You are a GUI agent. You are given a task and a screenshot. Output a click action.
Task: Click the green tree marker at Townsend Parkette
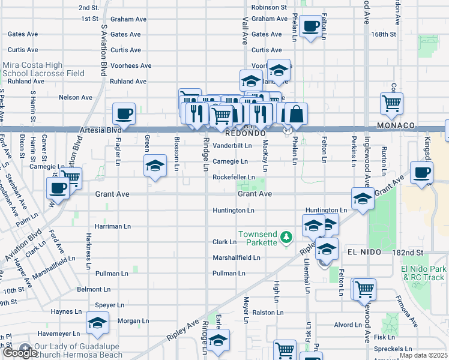287,238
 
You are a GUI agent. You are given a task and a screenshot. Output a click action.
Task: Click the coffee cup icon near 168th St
311,26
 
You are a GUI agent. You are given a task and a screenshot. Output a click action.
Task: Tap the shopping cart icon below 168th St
391,103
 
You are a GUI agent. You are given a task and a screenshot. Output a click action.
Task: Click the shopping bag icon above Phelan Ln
296,113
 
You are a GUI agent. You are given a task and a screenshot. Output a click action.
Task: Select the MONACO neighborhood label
396,125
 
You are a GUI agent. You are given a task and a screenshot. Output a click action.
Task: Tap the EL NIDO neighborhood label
364,253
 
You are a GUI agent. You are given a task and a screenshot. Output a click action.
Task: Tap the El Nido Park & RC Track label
424,273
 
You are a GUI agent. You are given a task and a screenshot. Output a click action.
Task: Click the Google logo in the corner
20,352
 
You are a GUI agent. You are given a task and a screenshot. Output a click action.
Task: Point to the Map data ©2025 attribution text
423,355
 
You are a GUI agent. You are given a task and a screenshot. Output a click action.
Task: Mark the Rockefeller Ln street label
234,177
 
